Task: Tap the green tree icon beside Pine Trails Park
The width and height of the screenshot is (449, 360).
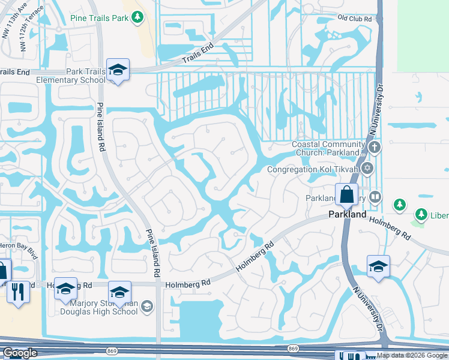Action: [x=138, y=17]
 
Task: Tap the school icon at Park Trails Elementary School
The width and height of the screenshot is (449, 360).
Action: [x=118, y=70]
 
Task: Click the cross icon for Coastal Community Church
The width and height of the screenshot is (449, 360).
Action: [x=375, y=147]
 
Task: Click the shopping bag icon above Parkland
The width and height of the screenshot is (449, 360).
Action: [x=347, y=195]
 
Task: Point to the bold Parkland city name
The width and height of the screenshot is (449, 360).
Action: [x=347, y=214]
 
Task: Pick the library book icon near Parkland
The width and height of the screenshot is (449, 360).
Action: [x=375, y=197]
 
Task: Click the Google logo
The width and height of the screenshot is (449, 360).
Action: [x=20, y=353]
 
